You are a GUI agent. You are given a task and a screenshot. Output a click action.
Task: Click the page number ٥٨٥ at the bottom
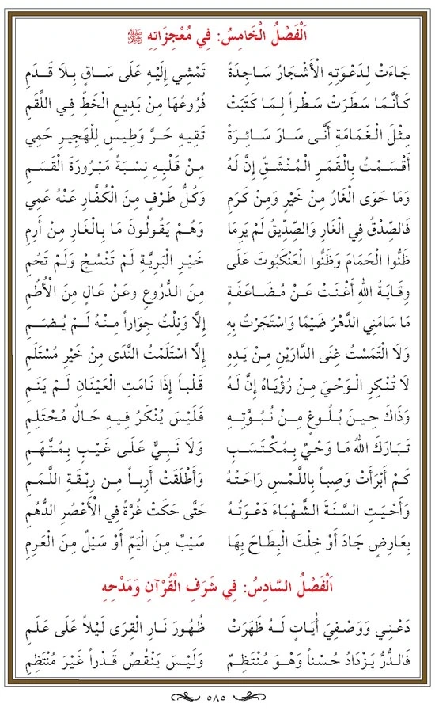pyautogui.click(x=217, y=699)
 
